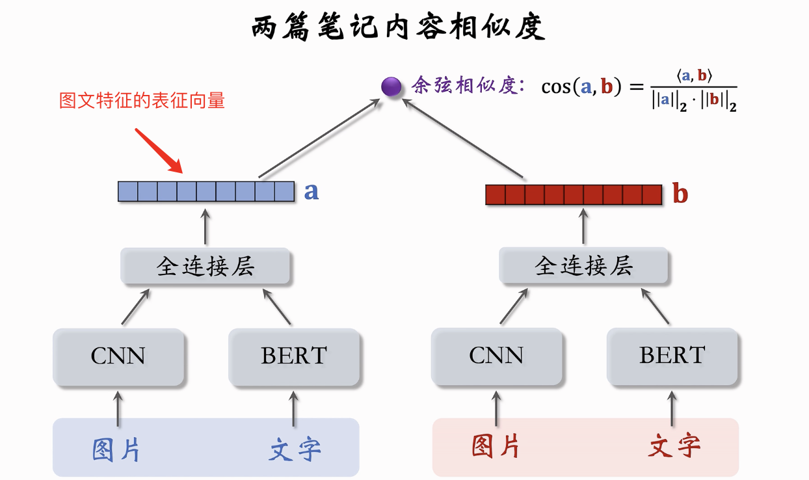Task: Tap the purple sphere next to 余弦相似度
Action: click(x=391, y=87)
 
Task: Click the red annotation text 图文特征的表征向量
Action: click(x=142, y=101)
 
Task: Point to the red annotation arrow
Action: click(x=158, y=151)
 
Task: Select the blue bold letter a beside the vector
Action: click(x=312, y=191)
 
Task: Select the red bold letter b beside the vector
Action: click(x=680, y=194)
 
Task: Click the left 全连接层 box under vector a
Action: click(x=206, y=266)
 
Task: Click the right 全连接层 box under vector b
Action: click(x=583, y=266)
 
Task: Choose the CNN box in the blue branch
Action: click(x=118, y=356)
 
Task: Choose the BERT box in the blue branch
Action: click(x=294, y=356)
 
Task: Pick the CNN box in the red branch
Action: click(x=496, y=356)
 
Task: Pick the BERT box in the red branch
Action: click(x=672, y=356)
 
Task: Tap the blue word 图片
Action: click(x=117, y=449)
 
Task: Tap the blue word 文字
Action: click(x=295, y=449)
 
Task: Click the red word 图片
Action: click(x=496, y=446)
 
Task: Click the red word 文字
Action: click(x=674, y=446)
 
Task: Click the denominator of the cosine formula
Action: click(x=694, y=103)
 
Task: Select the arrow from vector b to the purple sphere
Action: click(x=464, y=137)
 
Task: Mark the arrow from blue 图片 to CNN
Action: click(x=118, y=408)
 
